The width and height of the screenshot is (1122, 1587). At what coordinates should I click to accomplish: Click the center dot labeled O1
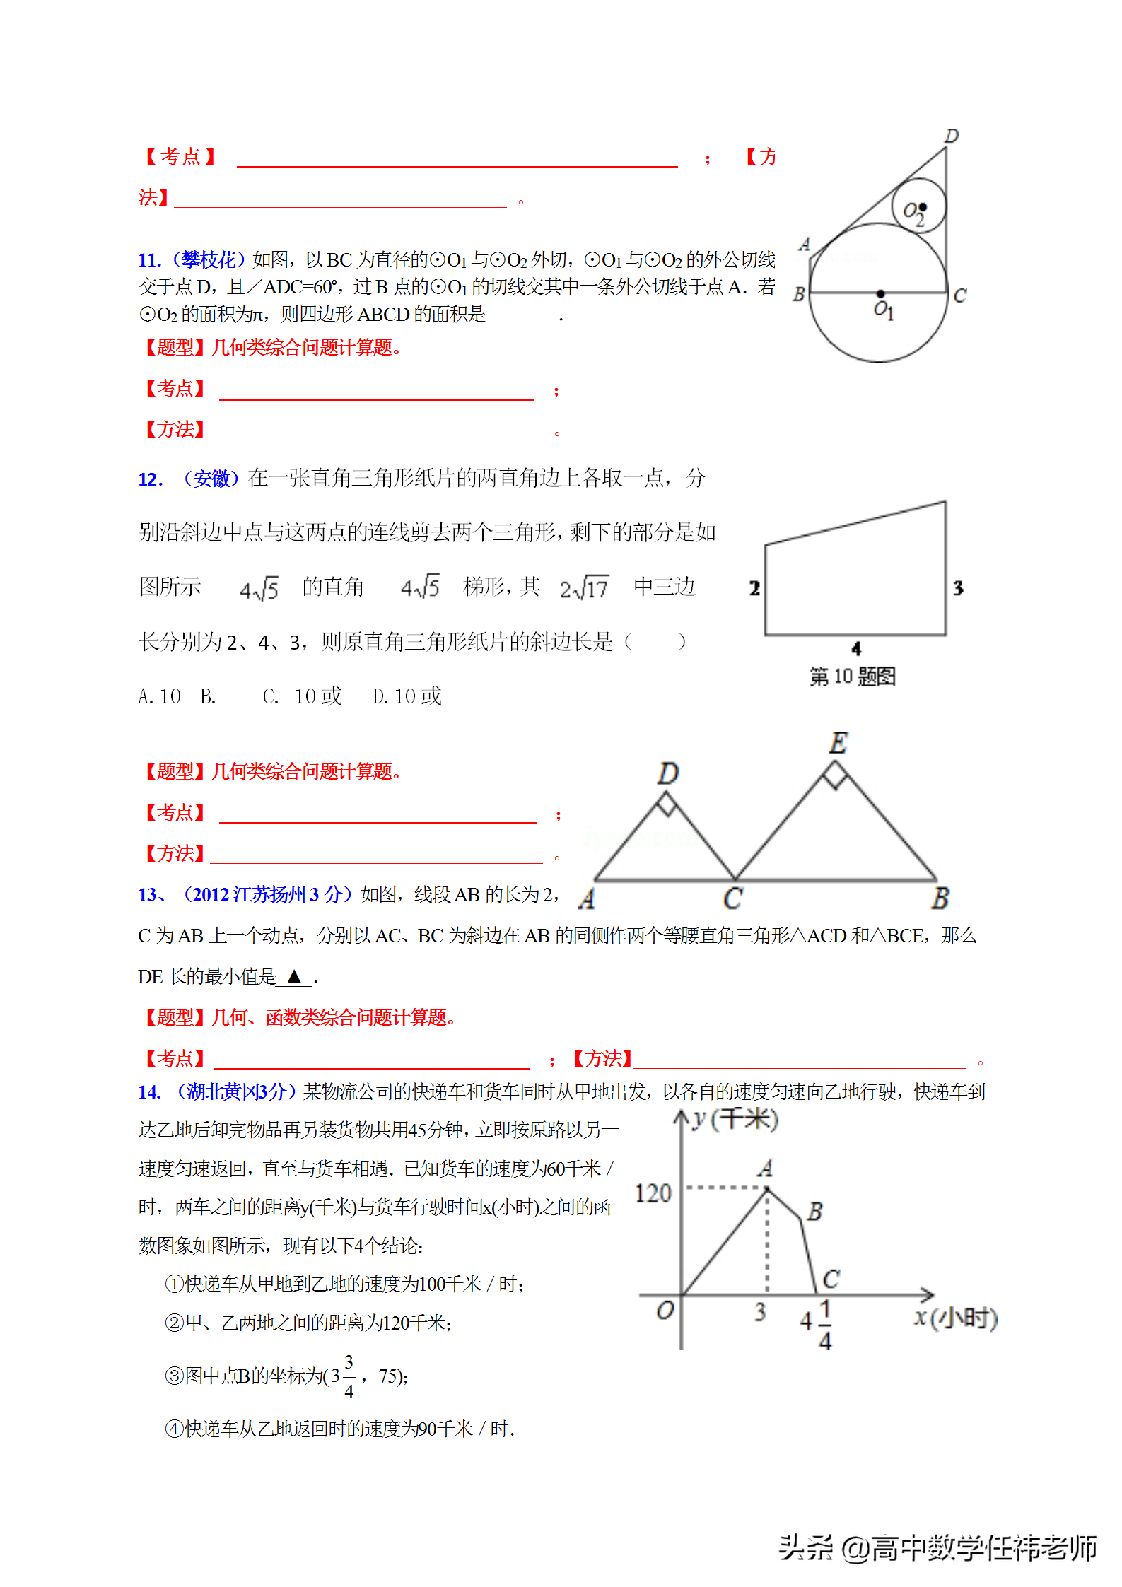coord(880,293)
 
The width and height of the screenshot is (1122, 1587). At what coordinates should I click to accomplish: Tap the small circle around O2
coord(918,205)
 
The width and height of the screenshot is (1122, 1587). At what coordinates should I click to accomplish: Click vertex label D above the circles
coord(952,136)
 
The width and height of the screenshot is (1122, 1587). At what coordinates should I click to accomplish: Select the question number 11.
coord(149,260)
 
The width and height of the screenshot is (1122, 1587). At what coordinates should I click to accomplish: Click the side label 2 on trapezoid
coord(754,588)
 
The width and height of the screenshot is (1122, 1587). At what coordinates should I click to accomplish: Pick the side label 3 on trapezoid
coord(958,588)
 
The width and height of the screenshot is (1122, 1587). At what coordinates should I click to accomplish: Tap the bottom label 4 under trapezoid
coord(856,648)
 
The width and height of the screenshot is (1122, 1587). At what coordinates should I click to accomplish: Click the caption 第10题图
coord(852,677)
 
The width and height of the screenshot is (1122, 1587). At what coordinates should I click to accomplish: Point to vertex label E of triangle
coord(838,743)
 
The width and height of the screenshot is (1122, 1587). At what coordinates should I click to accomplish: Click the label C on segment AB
coord(733,898)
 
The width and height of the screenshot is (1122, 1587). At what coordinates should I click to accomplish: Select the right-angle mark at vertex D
coord(667,804)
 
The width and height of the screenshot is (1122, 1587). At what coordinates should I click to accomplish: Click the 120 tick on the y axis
coord(653,1193)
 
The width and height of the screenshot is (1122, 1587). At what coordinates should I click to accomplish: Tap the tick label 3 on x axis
coord(760,1312)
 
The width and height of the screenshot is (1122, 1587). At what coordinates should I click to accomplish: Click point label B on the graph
coord(815,1211)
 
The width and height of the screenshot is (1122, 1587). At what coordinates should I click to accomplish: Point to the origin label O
coord(665,1311)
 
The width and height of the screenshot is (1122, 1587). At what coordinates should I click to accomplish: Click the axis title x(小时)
coord(955,1318)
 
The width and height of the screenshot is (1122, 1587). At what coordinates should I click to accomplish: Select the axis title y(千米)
coord(735,1119)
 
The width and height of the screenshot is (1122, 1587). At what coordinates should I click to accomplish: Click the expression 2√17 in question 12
coord(584,588)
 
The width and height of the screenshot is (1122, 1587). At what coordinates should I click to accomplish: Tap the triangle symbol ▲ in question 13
coord(294,977)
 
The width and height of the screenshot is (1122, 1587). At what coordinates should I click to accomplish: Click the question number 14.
coord(149,1092)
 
